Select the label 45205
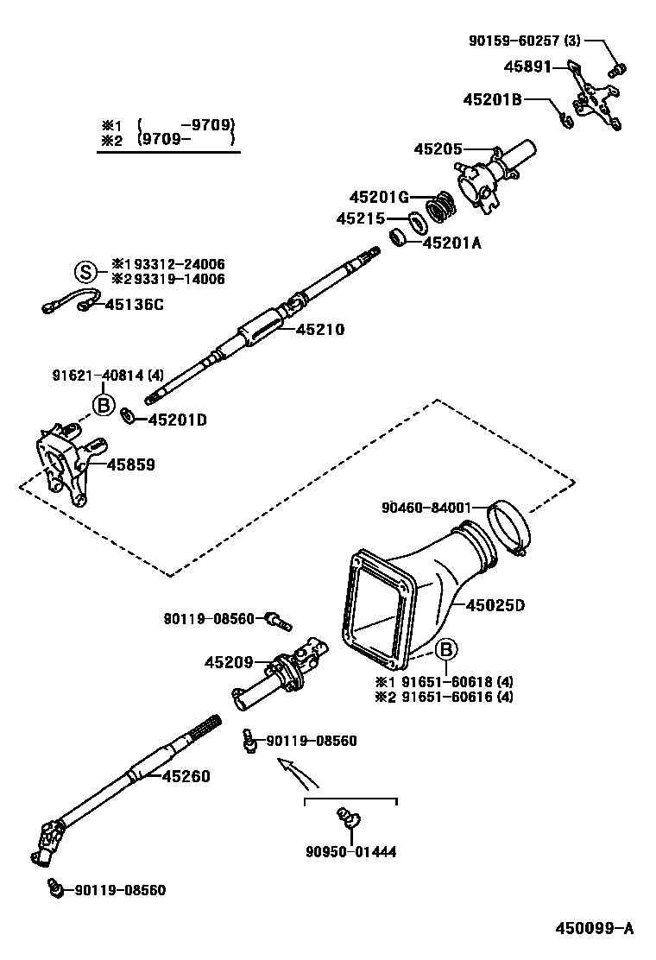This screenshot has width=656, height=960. tap(438, 148)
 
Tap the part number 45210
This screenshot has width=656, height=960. tap(320, 329)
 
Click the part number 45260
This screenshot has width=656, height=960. tap(185, 776)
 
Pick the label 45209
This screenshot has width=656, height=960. tap(229, 662)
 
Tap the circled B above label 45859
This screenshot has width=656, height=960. tap(103, 404)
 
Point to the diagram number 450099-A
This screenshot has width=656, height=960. tap(594, 928)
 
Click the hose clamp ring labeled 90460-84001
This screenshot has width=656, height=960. tap(508, 530)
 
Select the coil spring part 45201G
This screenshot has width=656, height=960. tap(443, 206)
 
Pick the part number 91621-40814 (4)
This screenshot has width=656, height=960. tap(106, 375)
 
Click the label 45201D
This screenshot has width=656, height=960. tap(178, 420)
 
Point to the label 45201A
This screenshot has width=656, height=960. tap(451, 243)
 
